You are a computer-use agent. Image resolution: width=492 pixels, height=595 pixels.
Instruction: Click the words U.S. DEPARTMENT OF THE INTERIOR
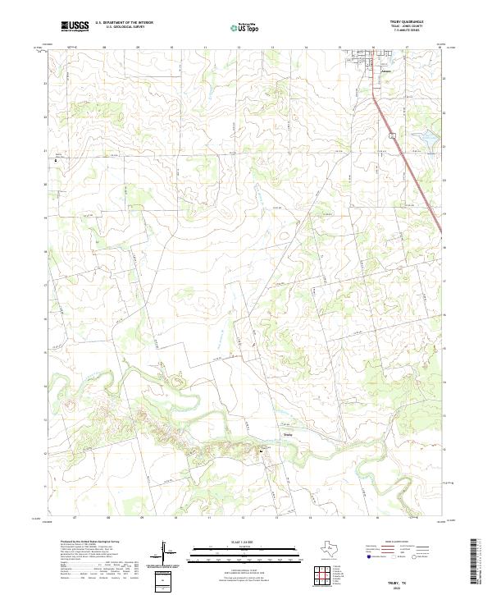click(x=125, y=24)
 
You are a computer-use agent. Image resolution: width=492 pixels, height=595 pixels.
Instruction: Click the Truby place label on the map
click(x=287, y=434)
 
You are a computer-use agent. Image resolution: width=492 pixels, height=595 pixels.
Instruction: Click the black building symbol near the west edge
click(x=57, y=160)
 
